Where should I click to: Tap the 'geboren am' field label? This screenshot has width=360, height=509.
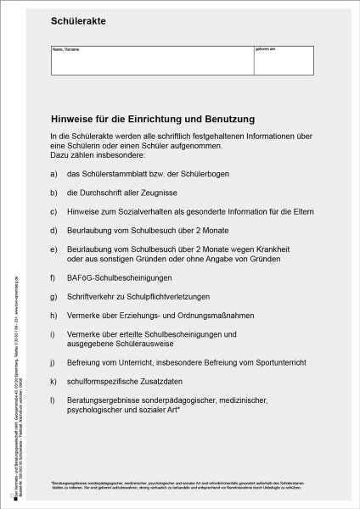[263, 50]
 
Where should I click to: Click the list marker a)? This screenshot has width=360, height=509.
[54, 173]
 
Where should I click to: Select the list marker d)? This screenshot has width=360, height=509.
[54, 230]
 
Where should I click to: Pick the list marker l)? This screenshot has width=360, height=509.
[53, 399]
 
